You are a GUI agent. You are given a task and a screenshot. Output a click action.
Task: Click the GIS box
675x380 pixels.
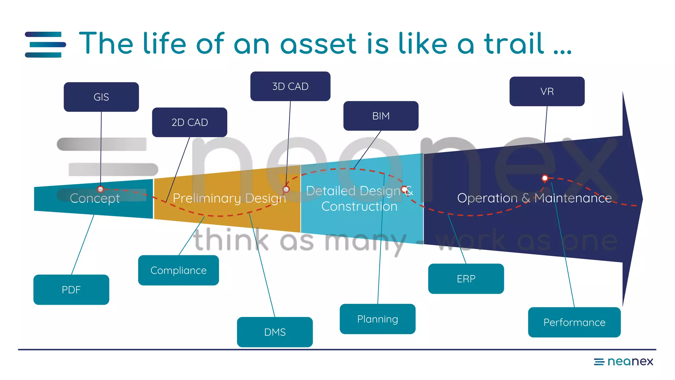pos(101,97)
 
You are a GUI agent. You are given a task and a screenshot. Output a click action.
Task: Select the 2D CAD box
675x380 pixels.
pos(190,122)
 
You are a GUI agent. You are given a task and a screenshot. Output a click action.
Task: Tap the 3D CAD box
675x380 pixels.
pos(290,86)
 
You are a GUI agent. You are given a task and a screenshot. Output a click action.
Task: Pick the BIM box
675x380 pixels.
pos(381,116)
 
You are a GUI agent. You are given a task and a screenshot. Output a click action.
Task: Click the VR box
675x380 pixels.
pos(547,91)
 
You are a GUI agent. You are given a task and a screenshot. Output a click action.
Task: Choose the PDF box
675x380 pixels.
pos(71,290)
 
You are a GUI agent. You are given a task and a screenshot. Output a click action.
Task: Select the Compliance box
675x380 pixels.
pos(178,270)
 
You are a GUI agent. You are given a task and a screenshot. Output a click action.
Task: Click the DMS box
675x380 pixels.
pos(275,332)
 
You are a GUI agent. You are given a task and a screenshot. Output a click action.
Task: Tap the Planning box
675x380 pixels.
pos(377,319)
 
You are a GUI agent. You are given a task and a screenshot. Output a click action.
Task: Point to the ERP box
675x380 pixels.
pos(466,279)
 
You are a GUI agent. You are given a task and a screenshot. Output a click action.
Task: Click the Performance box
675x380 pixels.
pos(574,322)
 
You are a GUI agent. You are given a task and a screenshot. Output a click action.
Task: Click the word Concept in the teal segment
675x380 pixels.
pos(95,198)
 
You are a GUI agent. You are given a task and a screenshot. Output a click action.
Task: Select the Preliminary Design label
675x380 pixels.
pos(229,198)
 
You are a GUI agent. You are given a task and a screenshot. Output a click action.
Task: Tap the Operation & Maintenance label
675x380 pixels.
pos(534,198)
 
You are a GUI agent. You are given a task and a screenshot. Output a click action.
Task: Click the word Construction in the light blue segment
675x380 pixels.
pos(359,206)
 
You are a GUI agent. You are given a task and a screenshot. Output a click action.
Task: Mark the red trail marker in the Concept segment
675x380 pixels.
pos(101,189)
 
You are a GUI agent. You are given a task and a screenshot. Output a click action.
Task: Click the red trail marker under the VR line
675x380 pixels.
pos(545,178)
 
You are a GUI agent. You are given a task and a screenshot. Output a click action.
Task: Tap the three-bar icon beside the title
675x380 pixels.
pos(45,45)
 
